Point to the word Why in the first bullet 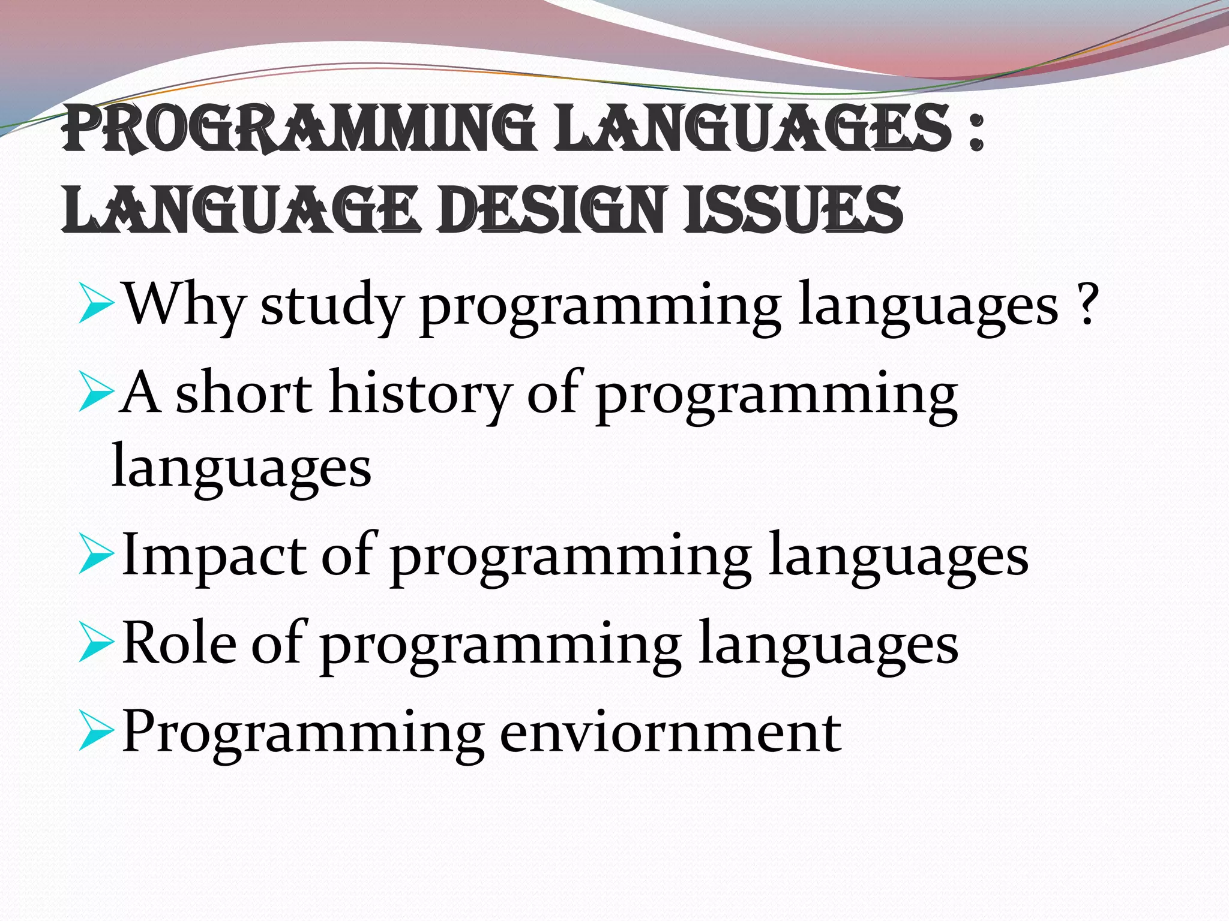[x=184, y=305]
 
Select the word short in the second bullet [x=243, y=393]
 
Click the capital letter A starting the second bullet [x=140, y=393]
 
